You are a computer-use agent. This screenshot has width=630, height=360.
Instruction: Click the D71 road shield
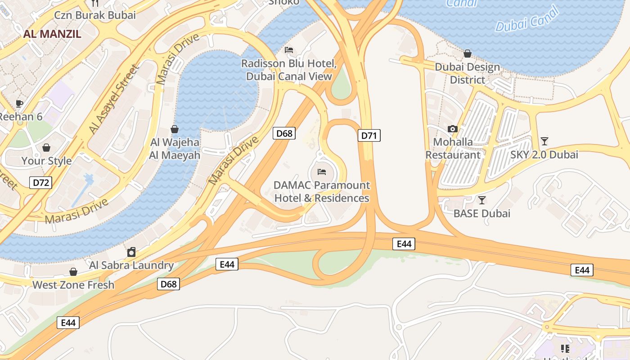[369, 135]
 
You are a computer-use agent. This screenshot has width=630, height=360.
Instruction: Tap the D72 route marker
[41, 183]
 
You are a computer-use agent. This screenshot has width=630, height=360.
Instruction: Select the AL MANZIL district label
[52, 34]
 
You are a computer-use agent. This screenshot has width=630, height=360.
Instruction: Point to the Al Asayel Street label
[113, 99]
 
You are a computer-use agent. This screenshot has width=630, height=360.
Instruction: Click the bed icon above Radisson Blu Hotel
[289, 50]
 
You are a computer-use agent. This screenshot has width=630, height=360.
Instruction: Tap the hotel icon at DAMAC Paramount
[322, 172]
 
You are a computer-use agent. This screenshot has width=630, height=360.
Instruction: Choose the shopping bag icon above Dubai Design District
[468, 54]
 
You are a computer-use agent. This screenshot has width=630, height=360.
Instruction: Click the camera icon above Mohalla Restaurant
[453, 129]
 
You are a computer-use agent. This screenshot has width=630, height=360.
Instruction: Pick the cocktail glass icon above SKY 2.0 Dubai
[544, 141]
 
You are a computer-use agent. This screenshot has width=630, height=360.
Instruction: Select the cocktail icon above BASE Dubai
[482, 200]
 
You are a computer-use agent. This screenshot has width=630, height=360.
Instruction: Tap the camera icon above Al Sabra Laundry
[131, 252]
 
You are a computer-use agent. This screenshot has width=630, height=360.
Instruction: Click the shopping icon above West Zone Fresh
[73, 272]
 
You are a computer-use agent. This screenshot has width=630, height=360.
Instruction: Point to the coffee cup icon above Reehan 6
[19, 104]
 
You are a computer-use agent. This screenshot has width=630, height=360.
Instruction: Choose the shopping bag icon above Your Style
[46, 148]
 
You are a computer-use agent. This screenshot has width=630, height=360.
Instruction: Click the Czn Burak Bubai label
[95, 15]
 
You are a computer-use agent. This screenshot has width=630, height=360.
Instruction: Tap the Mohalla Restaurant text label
[453, 148]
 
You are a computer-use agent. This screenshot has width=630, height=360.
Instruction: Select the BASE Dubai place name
[482, 213]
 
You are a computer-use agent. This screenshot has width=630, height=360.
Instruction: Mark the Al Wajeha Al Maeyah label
[175, 149]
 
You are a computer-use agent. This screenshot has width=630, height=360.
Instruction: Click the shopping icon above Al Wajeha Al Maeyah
[175, 130]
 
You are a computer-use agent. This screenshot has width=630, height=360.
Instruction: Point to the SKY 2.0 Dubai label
[544, 155]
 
